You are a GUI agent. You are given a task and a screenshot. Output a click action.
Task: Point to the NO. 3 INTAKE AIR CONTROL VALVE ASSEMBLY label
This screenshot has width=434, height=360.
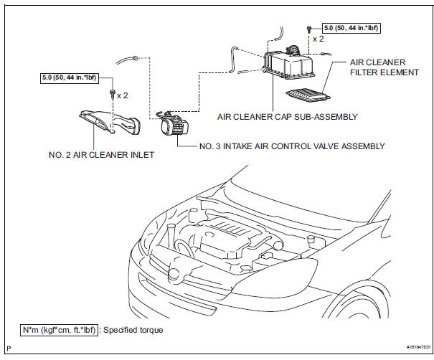[292, 146]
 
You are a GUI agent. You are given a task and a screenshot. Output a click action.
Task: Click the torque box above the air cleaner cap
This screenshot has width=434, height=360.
[351, 29]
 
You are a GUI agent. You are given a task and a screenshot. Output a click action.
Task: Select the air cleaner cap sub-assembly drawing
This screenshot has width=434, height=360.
[289, 65]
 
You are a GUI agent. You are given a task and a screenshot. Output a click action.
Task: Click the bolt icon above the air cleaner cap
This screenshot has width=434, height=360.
[309, 29]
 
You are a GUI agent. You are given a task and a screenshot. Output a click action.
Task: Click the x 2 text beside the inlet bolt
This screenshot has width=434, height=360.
[123, 95]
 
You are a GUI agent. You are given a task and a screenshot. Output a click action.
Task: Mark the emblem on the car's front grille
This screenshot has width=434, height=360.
[175, 273]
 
